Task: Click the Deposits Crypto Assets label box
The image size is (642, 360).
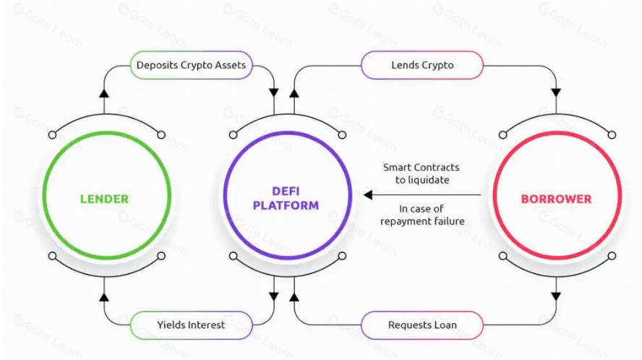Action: [x=192, y=65]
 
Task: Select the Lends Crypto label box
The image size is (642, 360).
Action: [x=422, y=65]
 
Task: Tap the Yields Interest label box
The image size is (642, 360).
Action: [x=191, y=325]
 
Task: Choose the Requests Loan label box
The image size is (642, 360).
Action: [x=422, y=325]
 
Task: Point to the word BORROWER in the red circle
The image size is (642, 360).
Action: [x=556, y=198]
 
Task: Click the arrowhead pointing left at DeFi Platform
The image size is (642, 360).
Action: [x=368, y=194]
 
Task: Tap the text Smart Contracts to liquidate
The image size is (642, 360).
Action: [x=421, y=173]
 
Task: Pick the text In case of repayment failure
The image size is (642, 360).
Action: [x=422, y=215]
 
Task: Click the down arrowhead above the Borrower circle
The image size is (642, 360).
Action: [x=556, y=93]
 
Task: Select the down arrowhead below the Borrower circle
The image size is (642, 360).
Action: [x=556, y=296]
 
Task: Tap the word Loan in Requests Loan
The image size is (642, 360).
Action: [x=445, y=325]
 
